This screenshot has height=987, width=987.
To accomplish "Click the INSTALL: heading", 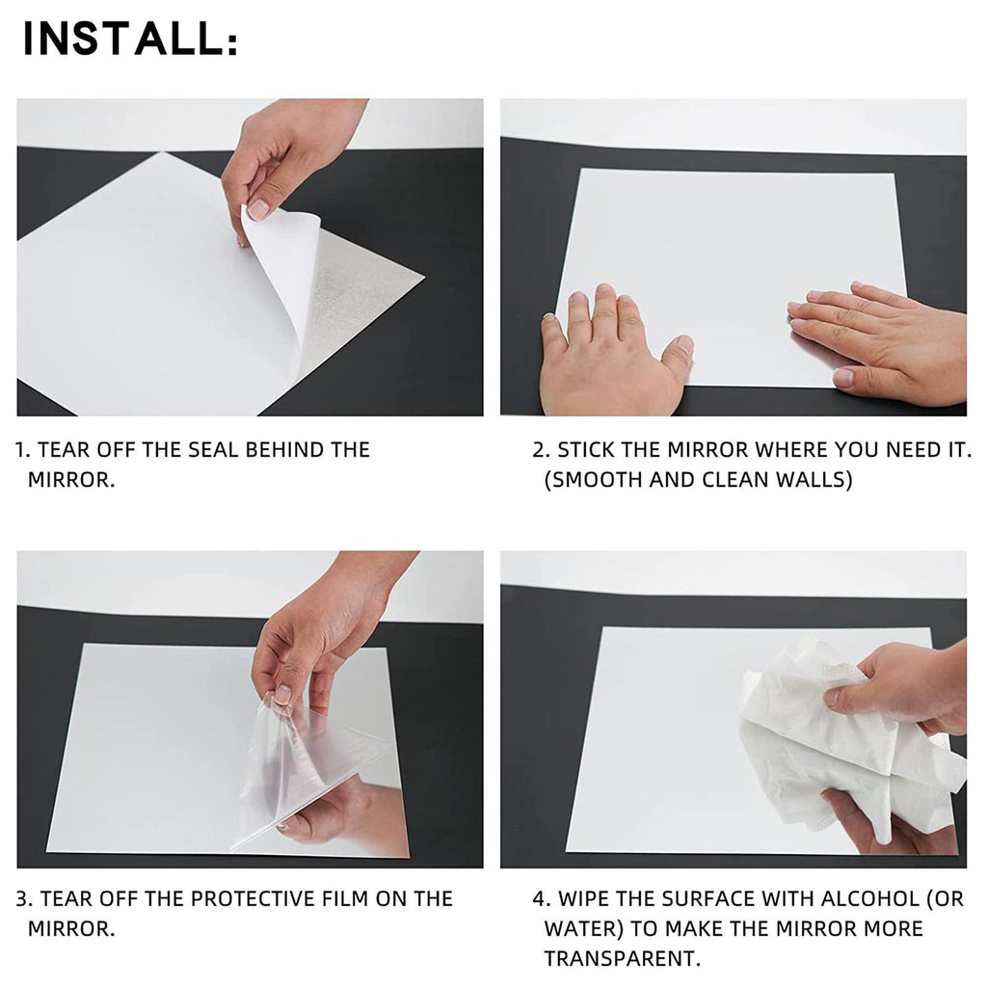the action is (130, 39).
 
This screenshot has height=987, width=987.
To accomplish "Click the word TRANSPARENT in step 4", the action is (622, 959).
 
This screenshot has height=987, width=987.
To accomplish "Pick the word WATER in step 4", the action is (583, 928).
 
